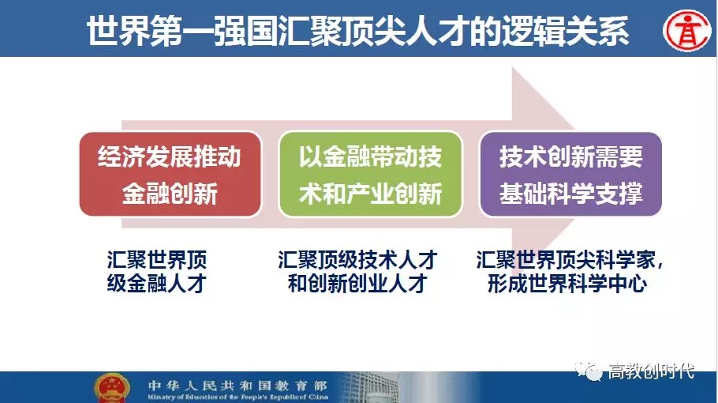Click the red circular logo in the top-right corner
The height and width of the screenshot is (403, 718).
pyautogui.click(x=687, y=29)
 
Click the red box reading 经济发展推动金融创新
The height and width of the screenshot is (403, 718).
pyautogui.click(x=170, y=174)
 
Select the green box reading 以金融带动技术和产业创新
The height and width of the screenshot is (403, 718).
pyautogui.click(x=371, y=174)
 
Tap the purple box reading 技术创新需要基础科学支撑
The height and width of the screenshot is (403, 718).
pyautogui.click(x=570, y=174)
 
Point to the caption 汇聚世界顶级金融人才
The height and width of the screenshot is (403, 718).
pyautogui.click(x=156, y=271)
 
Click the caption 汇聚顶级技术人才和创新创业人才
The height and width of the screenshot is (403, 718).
pyautogui.click(x=357, y=271)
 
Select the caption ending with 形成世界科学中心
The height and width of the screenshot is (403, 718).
pyautogui.click(x=570, y=271)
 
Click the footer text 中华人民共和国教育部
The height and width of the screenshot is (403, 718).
pyautogui.click(x=237, y=385)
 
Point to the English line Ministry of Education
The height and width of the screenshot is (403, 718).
pyautogui.click(x=237, y=397)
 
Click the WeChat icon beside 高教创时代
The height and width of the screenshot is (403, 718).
pyautogui.click(x=589, y=371)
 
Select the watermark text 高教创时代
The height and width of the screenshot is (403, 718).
pyautogui.click(x=651, y=371)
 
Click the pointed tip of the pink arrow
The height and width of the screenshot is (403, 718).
pyautogui.click(x=574, y=130)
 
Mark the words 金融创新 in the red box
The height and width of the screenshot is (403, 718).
pyautogui.click(x=170, y=193)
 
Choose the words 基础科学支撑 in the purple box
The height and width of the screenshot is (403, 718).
pyautogui.click(x=570, y=193)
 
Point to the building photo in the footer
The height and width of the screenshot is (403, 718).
pyautogui.click(x=366, y=388)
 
